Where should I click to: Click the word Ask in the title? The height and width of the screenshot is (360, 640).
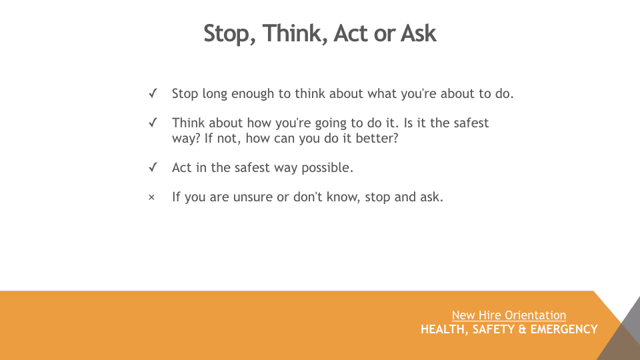419,33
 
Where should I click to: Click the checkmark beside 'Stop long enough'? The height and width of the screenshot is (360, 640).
153,93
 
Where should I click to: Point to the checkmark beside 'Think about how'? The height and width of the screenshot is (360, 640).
153,123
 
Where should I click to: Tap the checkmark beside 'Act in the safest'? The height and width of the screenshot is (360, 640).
153,167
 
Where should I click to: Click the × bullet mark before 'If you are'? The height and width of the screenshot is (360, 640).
151,197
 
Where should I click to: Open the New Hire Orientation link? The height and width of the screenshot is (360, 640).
509,315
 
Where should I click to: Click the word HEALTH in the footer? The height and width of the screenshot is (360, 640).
444,329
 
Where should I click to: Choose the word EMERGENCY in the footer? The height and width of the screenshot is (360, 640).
564,329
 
